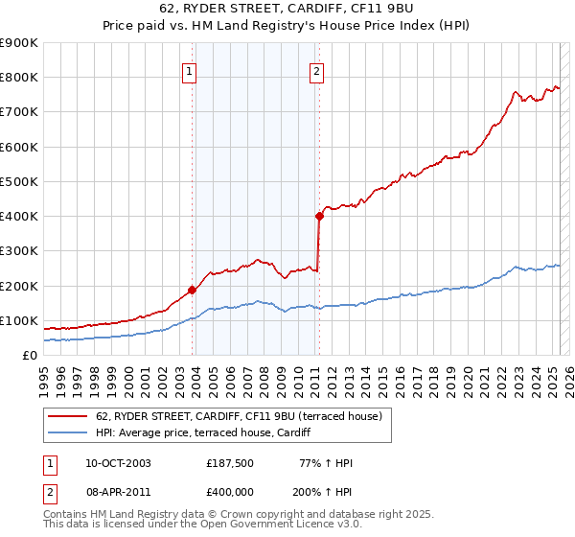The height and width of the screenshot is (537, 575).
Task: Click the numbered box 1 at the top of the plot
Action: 190,71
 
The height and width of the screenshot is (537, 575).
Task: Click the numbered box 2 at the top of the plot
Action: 316,71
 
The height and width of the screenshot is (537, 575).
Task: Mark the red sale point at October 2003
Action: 192,290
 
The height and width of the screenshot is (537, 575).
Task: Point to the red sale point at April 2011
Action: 319,216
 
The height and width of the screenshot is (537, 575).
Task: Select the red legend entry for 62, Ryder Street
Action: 239,416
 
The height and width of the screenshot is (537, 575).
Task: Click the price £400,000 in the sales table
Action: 230,491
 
